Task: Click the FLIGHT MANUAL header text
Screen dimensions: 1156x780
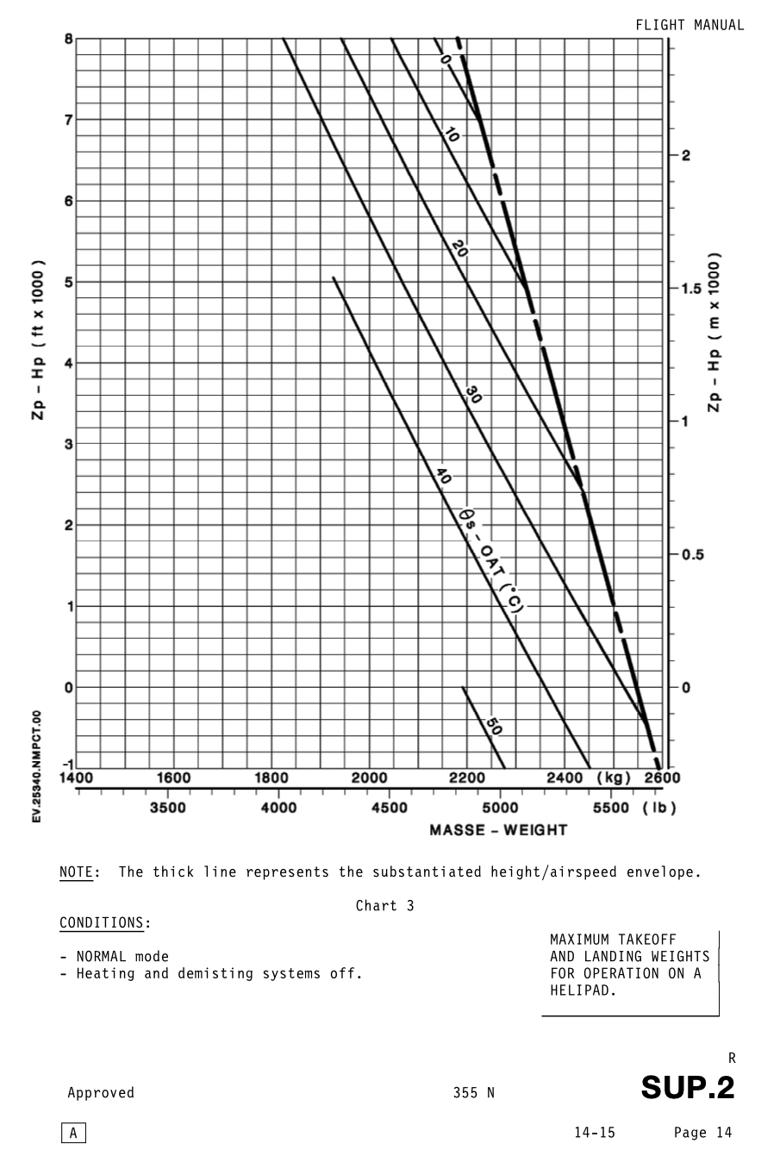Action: (x=690, y=25)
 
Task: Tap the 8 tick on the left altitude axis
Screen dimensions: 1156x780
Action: (x=68, y=39)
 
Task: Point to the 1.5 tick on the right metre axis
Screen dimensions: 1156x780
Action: (x=691, y=289)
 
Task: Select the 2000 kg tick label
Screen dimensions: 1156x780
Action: (x=369, y=778)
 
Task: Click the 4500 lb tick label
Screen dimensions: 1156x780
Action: (x=390, y=808)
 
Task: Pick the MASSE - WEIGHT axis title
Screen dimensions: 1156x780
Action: (x=498, y=830)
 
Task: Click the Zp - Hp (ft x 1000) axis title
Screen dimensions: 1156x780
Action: (x=39, y=341)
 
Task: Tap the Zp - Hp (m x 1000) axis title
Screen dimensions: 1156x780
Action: (x=714, y=332)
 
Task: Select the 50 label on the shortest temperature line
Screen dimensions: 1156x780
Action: (x=492, y=727)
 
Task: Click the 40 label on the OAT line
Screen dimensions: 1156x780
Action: (x=444, y=476)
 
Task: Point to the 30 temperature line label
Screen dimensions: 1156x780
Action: (x=473, y=395)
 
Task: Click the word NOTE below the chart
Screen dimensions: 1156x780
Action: (x=76, y=872)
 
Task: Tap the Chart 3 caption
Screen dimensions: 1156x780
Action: (x=384, y=906)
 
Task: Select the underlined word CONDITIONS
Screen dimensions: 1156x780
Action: (x=102, y=923)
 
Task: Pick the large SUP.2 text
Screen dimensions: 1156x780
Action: (x=687, y=1088)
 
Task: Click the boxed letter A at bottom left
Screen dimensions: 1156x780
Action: (x=73, y=1134)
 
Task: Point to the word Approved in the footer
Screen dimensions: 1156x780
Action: (x=101, y=1093)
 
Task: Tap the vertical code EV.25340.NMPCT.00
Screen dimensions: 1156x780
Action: (x=37, y=766)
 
